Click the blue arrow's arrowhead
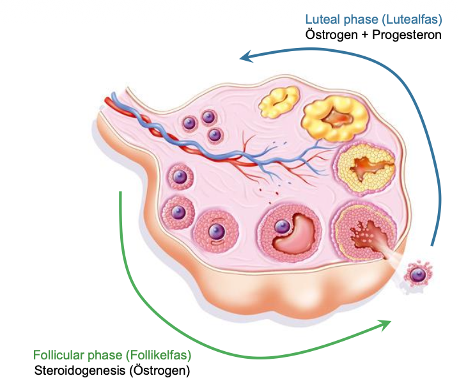245,58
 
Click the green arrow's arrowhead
385,324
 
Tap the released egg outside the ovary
417,274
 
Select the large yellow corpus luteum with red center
336,118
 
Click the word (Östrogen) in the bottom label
162,370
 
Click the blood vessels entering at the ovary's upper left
128,109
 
